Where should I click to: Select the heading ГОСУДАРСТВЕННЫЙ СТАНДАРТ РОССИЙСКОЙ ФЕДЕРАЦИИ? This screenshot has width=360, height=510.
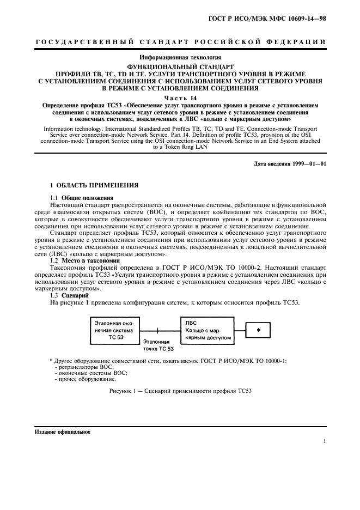180,41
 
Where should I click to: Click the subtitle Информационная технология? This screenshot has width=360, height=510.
180,57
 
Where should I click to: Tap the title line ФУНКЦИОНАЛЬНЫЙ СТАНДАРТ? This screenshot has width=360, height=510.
180,66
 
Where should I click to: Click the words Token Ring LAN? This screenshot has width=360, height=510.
180,147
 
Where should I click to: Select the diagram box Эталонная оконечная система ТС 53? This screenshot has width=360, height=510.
113,330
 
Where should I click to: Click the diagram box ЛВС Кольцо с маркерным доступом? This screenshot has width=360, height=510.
206,330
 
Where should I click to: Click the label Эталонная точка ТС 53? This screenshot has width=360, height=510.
158,345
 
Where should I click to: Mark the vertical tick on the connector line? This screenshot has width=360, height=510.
158,330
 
